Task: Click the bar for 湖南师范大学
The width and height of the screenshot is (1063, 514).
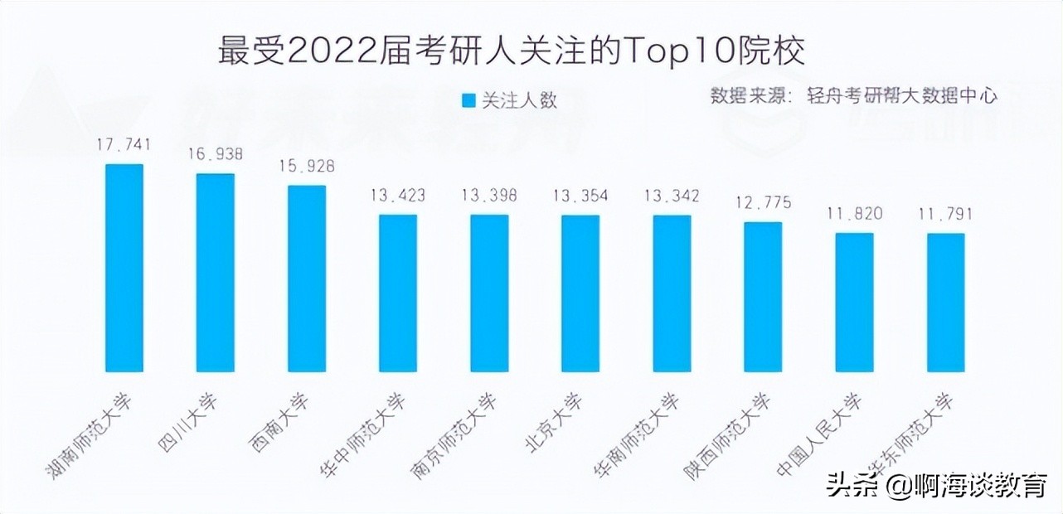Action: tap(124, 267)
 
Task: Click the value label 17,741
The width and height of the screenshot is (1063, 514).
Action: tap(124, 145)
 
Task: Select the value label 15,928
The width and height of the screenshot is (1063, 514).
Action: tap(307, 166)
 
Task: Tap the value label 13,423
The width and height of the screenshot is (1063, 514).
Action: tap(398, 196)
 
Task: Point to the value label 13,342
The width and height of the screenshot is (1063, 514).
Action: tap(672, 196)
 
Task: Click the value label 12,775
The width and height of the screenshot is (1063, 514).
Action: tap(763, 202)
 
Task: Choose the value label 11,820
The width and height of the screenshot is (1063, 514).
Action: tap(854, 214)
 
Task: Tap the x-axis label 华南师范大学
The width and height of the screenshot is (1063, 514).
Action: tap(638, 434)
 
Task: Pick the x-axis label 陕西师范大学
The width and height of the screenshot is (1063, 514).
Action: tap(727, 434)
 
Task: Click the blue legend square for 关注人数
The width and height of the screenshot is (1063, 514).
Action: tap(468, 100)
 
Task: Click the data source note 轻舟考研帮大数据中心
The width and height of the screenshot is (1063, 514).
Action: tap(902, 95)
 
